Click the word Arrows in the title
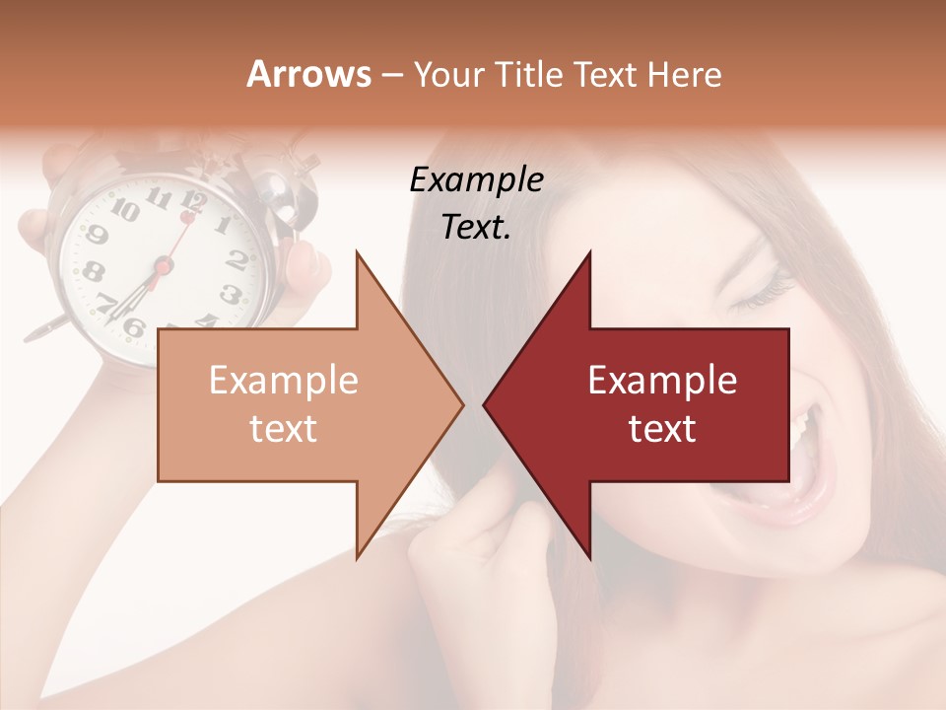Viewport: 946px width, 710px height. (308, 74)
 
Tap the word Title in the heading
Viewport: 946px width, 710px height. (530, 75)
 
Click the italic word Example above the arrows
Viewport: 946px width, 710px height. (476, 179)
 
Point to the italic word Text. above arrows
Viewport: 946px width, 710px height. (476, 227)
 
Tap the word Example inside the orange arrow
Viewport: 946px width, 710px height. (284, 381)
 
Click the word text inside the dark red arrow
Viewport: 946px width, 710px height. (662, 428)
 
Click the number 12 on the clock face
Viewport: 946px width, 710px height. (193, 203)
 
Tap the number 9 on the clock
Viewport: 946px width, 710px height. (97, 235)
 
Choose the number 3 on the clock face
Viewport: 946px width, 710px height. (230, 293)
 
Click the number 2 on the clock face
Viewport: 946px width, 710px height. (236, 258)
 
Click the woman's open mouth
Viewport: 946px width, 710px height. (808, 454)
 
